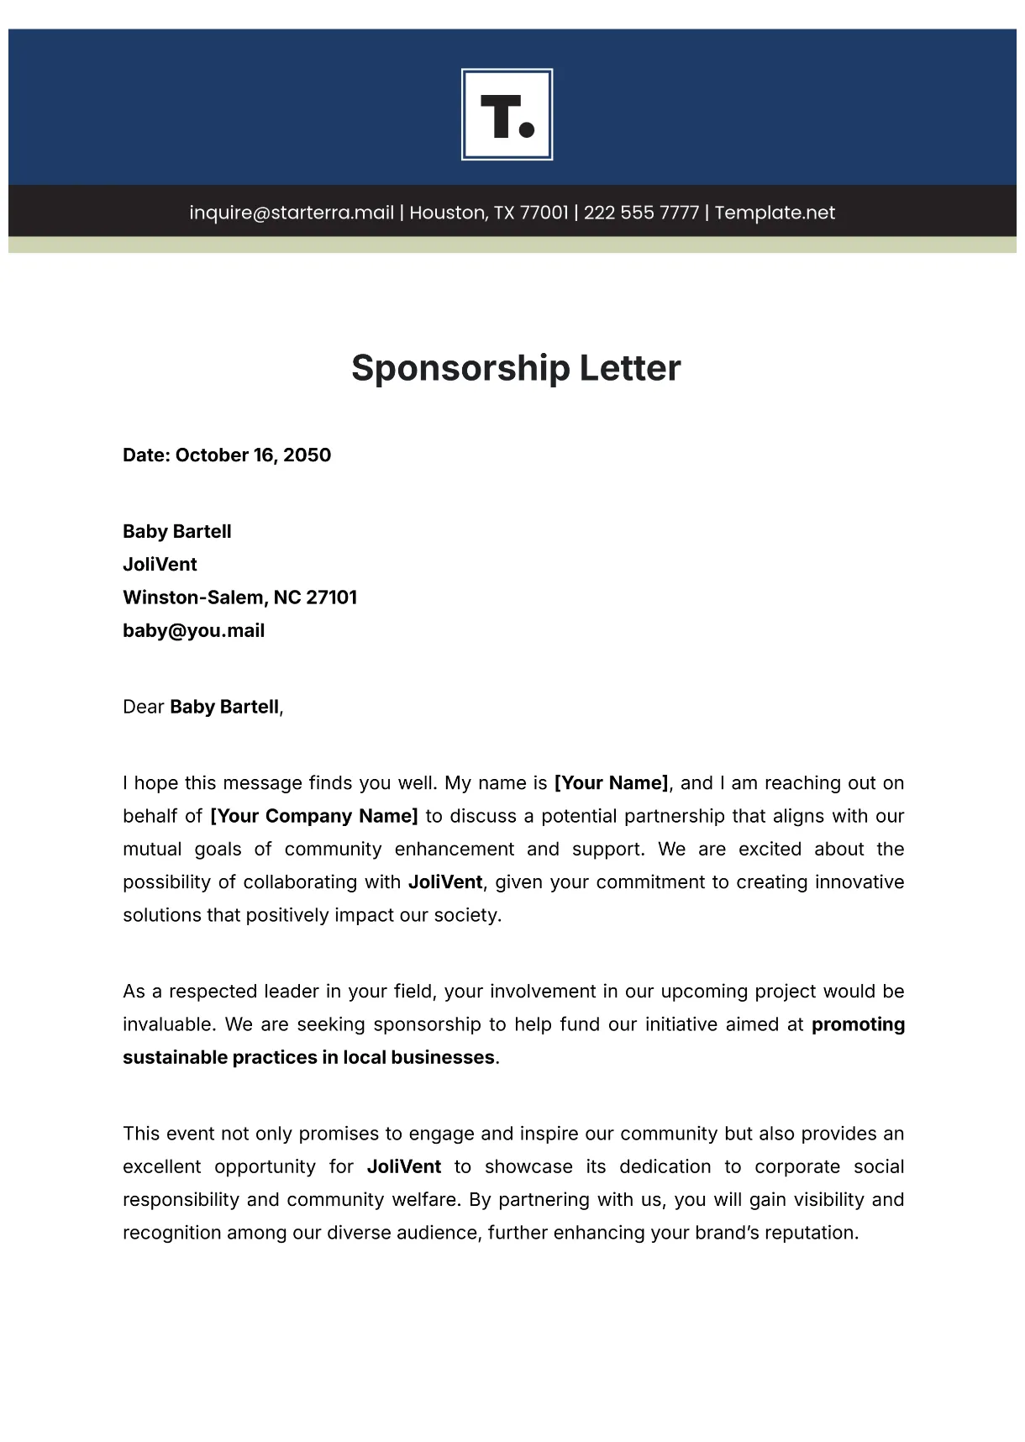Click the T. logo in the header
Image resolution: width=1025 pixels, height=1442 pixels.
[x=507, y=114]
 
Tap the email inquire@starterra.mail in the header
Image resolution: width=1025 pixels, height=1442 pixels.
[x=292, y=213]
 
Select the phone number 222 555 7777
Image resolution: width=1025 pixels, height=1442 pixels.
[x=641, y=213]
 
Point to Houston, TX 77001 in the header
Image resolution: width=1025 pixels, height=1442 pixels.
[x=489, y=213]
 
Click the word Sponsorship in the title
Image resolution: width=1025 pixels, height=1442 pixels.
[x=460, y=369]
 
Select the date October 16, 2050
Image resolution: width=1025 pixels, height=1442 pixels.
[x=253, y=455]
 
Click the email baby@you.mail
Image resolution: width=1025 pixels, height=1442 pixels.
[x=193, y=631]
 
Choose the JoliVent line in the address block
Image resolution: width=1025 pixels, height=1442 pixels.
[x=160, y=565]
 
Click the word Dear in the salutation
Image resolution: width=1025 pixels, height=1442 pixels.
[x=143, y=708]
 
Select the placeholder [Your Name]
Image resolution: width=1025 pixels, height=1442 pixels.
[x=612, y=783]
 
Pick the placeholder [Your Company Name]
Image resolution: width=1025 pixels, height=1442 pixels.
[x=313, y=816]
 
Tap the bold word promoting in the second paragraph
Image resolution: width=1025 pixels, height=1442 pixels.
[x=858, y=1024]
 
